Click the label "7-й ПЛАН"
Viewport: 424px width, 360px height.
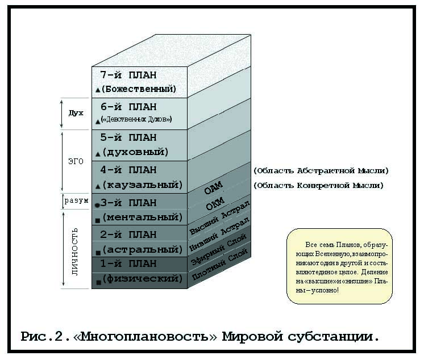tap(128, 75)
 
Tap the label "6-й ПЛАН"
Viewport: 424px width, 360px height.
tap(128, 107)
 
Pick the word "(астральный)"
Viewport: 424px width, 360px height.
tap(142, 249)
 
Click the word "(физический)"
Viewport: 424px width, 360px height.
tap(142, 279)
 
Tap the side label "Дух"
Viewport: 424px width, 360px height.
tap(76, 113)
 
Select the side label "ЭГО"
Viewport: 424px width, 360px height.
tap(76, 161)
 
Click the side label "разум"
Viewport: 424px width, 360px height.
tap(76, 201)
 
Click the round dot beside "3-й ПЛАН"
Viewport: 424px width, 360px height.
tap(98, 205)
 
